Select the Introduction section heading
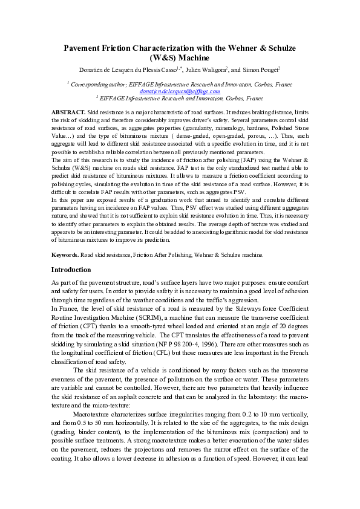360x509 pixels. [x=71, y=270]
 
